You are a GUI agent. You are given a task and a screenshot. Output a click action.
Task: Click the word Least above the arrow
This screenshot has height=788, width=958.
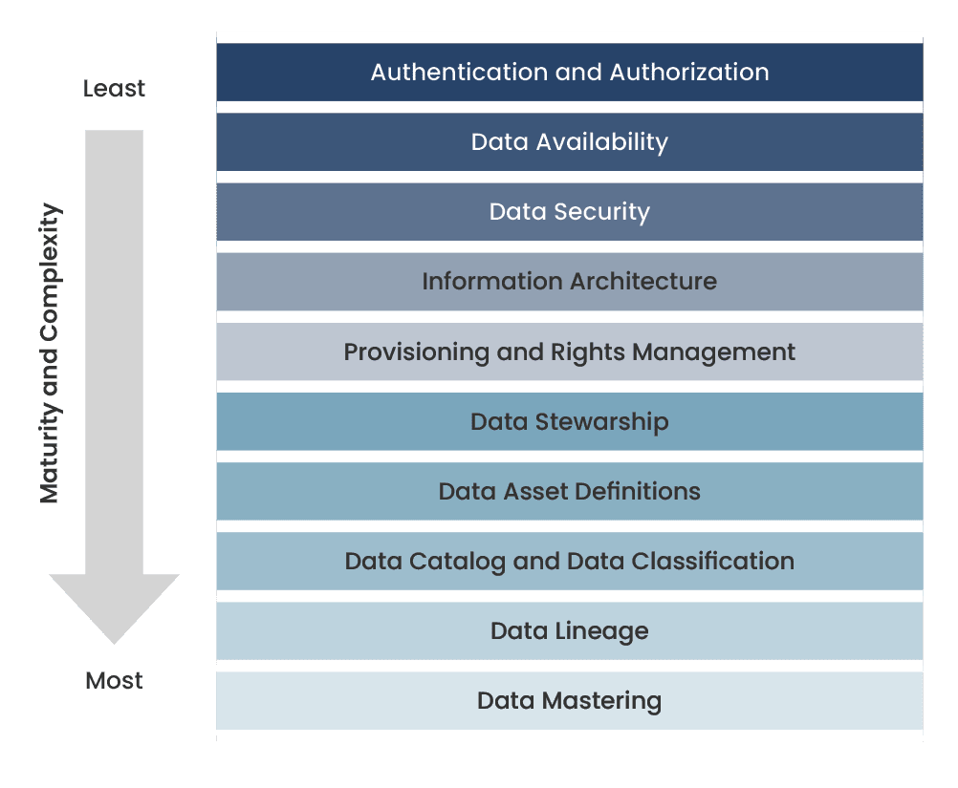click(114, 89)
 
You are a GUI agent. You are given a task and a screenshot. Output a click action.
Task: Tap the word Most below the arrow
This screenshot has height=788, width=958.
click(114, 681)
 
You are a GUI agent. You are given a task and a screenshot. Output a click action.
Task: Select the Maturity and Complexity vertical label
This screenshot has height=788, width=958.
click(50, 353)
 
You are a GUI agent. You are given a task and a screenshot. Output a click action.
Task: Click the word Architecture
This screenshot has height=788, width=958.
click(643, 282)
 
